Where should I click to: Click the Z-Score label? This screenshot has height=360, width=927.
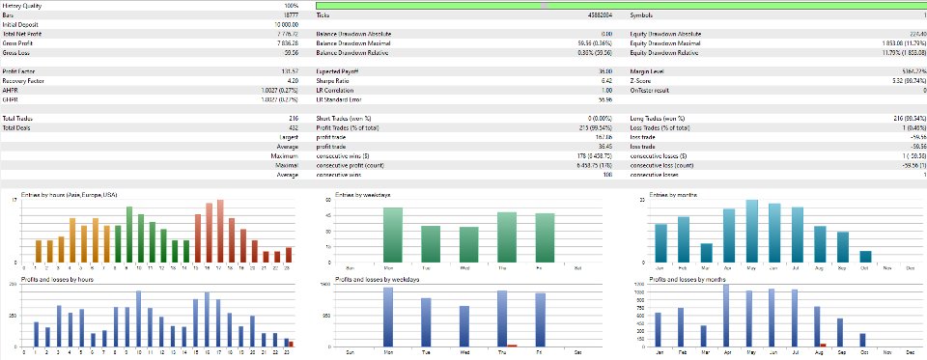(x=640, y=81)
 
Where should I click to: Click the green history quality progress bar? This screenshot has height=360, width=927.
(x=618, y=5)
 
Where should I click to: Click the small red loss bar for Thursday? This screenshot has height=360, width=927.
(x=513, y=345)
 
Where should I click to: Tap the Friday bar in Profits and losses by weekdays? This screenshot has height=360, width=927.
(x=546, y=318)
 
